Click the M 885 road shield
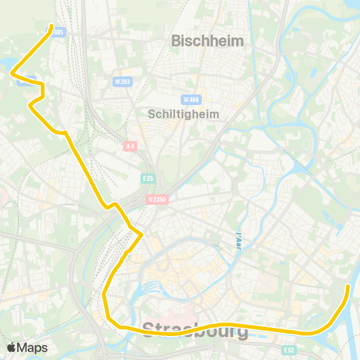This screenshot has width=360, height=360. tap(59, 31)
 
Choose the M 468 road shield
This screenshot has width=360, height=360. tap(190, 99)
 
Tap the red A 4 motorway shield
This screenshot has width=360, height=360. tap(130, 147)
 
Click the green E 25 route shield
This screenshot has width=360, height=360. tap(148, 178)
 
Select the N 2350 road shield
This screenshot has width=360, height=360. tap(156, 199)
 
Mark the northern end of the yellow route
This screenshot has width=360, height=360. tap(51, 28)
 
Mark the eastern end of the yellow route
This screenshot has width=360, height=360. tap(349, 286)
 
